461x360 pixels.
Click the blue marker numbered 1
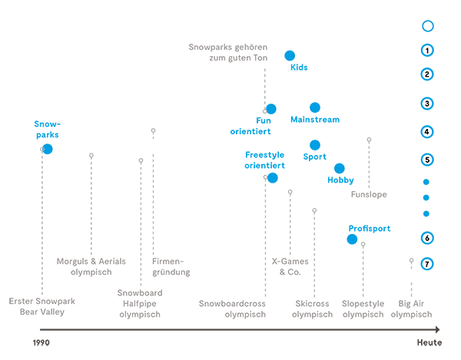tap(426, 49)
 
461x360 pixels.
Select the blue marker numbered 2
tap(426, 74)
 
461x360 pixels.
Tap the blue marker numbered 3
tap(426, 103)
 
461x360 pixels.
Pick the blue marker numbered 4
tap(426, 130)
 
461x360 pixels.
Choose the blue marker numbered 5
tap(426, 159)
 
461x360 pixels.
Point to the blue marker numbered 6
tap(426, 236)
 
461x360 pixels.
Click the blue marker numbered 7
tap(427, 264)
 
